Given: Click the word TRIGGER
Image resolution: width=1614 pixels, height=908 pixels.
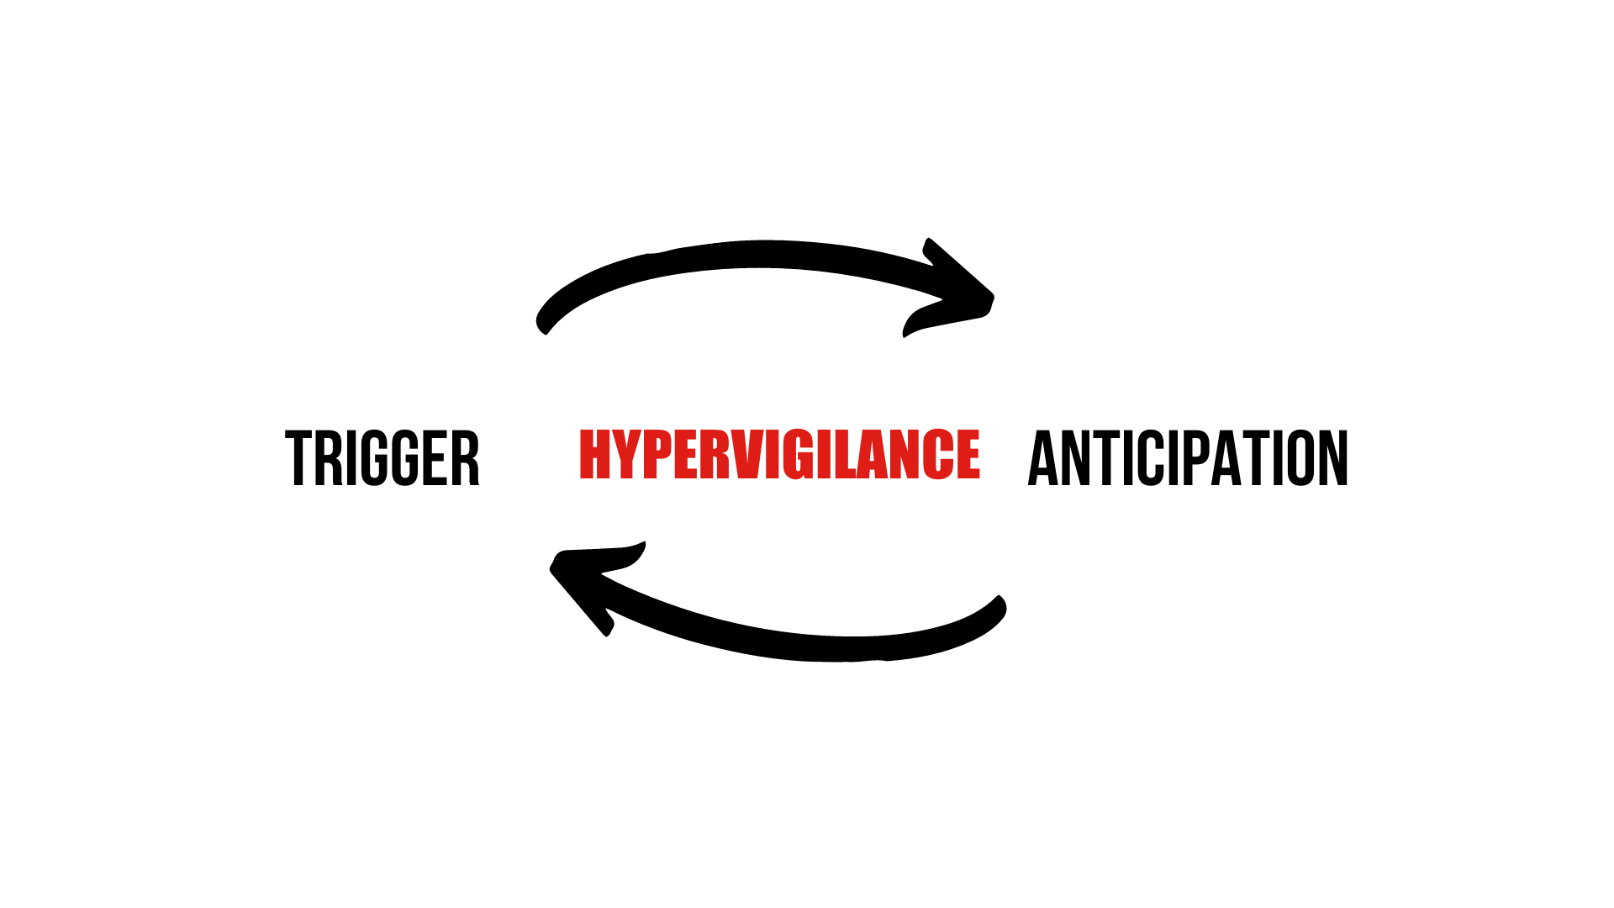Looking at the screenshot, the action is [382, 458].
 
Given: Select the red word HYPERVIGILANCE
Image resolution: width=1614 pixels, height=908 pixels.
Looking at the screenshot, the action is [779, 454].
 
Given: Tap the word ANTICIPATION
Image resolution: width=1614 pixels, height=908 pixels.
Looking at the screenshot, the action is [1188, 458].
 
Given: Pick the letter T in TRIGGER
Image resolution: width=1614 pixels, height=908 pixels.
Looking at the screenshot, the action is [298, 458].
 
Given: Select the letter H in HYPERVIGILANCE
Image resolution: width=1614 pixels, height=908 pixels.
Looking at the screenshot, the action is [595, 454].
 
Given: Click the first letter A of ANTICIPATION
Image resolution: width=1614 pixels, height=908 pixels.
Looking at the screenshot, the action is [1042, 458].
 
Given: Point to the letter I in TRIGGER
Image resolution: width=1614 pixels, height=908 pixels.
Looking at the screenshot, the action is [352, 458].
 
